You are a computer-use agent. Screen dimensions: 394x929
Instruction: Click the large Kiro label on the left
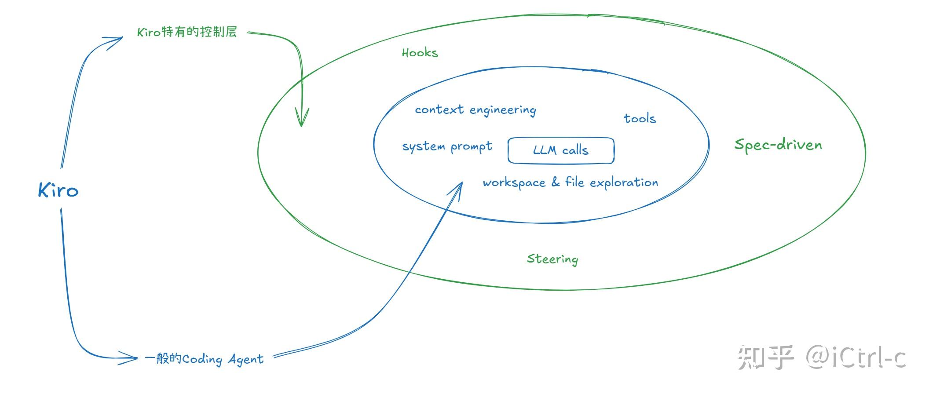click(58, 190)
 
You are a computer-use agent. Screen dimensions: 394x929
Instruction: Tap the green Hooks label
click(420, 53)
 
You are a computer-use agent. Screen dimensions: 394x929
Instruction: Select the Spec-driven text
click(778, 145)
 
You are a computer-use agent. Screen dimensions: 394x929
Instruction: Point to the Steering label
click(552, 259)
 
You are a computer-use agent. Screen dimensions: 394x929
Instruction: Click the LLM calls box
click(561, 150)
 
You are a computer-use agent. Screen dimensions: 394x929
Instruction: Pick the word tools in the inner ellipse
click(640, 118)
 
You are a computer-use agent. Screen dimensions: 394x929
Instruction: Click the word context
click(439, 109)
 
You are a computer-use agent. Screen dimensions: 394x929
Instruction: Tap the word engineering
click(503, 110)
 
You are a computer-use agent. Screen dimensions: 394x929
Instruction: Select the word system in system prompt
click(424, 147)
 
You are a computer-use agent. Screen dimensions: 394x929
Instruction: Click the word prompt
click(472, 147)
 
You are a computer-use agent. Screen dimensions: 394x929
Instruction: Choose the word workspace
click(514, 183)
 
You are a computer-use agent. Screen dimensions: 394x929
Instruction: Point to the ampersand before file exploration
click(556, 182)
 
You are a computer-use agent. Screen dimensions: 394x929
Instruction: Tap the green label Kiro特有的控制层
click(187, 32)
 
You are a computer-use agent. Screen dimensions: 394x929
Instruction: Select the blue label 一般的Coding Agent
click(204, 359)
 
